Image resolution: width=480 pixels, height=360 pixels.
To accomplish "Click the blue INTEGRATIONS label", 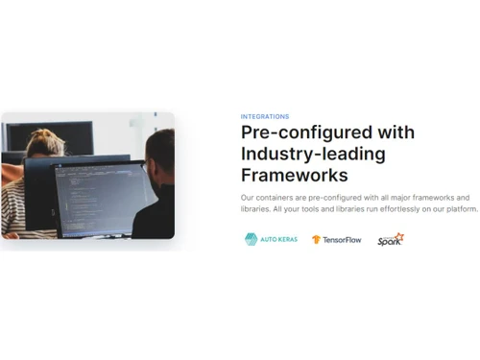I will [264, 116].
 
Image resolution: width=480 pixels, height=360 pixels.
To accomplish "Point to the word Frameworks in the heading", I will [294, 176].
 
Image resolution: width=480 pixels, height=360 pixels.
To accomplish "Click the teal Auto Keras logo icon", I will [251, 239].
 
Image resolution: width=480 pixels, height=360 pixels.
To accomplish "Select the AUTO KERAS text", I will [277, 239].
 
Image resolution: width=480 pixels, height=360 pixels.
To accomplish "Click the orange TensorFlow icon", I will [317, 239].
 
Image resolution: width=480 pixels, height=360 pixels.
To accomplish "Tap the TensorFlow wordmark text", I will [344, 239].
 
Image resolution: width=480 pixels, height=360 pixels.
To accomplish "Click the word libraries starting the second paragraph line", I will [255, 208].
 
